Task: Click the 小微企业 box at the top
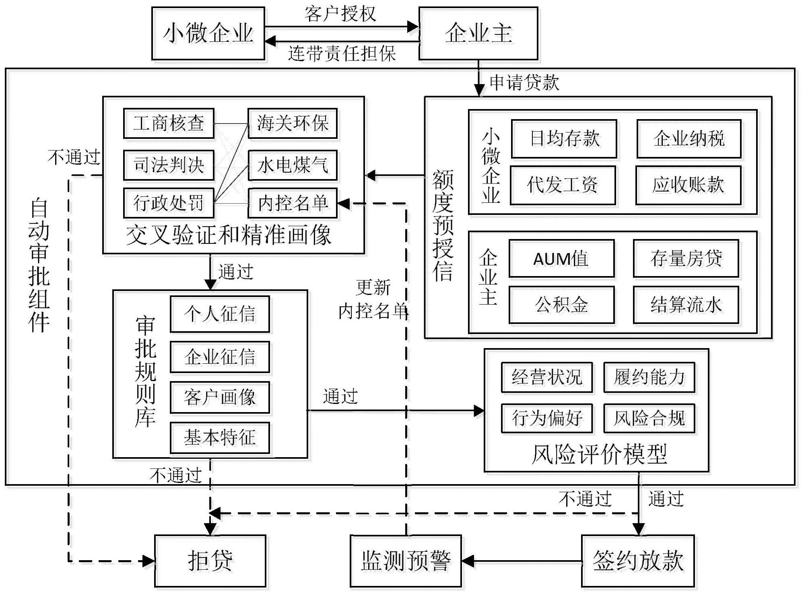tap(208, 33)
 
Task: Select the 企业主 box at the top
tap(478, 33)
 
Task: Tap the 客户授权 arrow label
tap(340, 14)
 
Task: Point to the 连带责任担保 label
tap(342, 54)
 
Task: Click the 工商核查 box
tap(169, 123)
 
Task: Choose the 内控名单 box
tap(293, 203)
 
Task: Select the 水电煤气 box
tap(293, 165)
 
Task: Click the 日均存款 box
tap(564, 139)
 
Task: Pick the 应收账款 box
tap(688, 185)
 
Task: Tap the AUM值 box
tap(561, 258)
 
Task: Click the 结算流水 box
tap(686, 305)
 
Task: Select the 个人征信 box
tap(220, 314)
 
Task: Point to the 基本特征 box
tap(220, 437)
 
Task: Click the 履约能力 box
tap(649, 377)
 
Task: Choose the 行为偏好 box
tap(547, 418)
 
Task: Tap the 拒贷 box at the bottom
tap(210, 561)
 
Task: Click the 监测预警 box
tap(406, 561)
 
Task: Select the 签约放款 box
tap(638, 561)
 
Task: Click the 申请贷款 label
tap(524, 83)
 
